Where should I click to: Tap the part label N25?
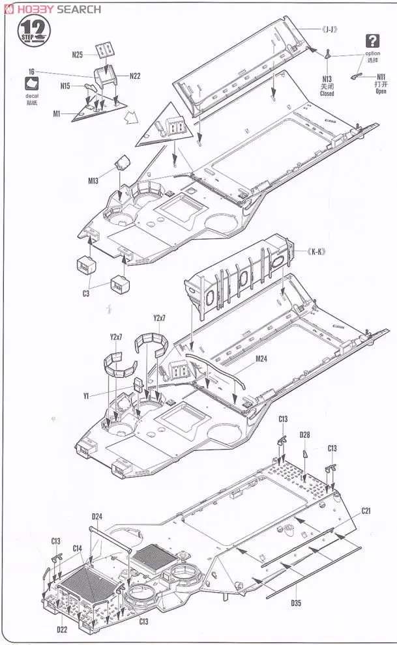point(77,55)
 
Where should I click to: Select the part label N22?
point(135,76)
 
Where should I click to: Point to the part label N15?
point(66,85)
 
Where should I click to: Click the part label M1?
point(57,114)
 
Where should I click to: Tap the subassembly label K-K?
point(316,251)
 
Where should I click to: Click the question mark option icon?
point(373,40)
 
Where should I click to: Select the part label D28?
point(305,435)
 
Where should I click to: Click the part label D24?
point(96,517)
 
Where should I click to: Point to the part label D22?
point(62,629)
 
